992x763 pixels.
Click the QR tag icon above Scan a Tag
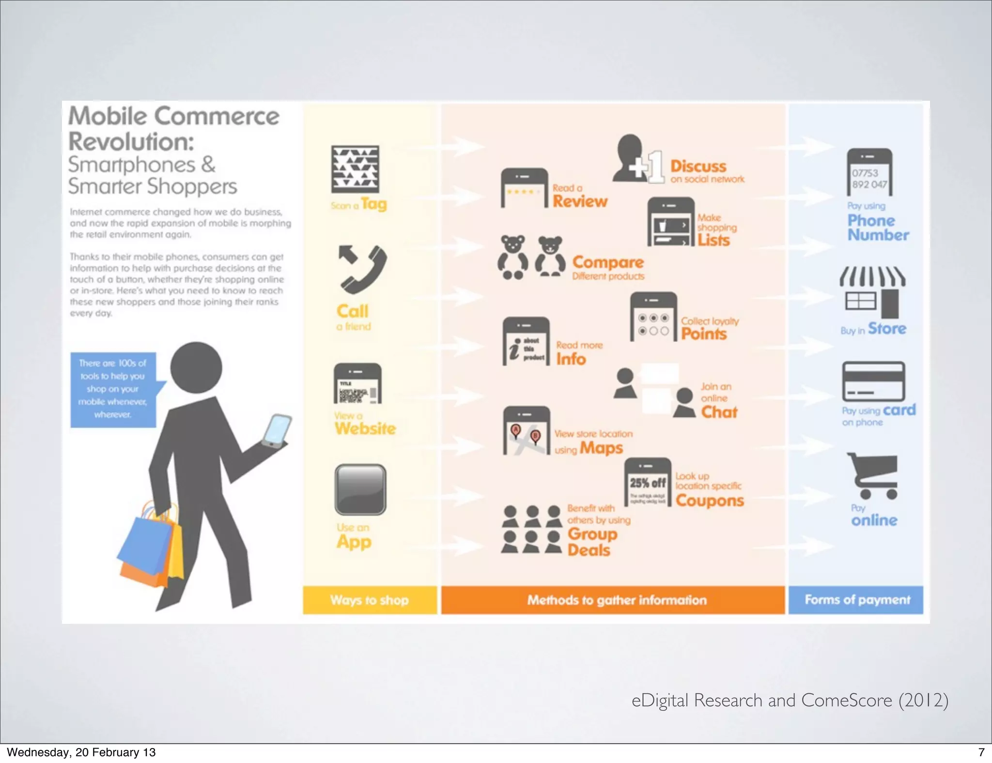click(x=355, y=169)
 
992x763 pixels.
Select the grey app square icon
click(x=360, y=489)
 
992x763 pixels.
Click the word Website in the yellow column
click(x=365, y=428)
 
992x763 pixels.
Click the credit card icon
click(x=873, y=381)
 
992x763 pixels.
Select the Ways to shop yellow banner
click(x=370, y=600)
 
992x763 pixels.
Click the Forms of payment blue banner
click(x=856, y=600)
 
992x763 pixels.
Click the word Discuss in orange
click(x=698, y=166)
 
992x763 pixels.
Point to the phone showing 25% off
click(x=648, y=482)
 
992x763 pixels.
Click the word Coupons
click(x=710, y=500)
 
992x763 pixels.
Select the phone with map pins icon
click(x=527, y=430)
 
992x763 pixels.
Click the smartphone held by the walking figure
click(x=277, y=429)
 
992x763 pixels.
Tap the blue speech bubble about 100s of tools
click(x=114, y=389)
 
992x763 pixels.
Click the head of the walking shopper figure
click(x=196, y=368)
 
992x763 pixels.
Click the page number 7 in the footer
click(x=981, y=752)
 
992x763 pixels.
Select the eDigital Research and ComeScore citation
click(x=790, y=700)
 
